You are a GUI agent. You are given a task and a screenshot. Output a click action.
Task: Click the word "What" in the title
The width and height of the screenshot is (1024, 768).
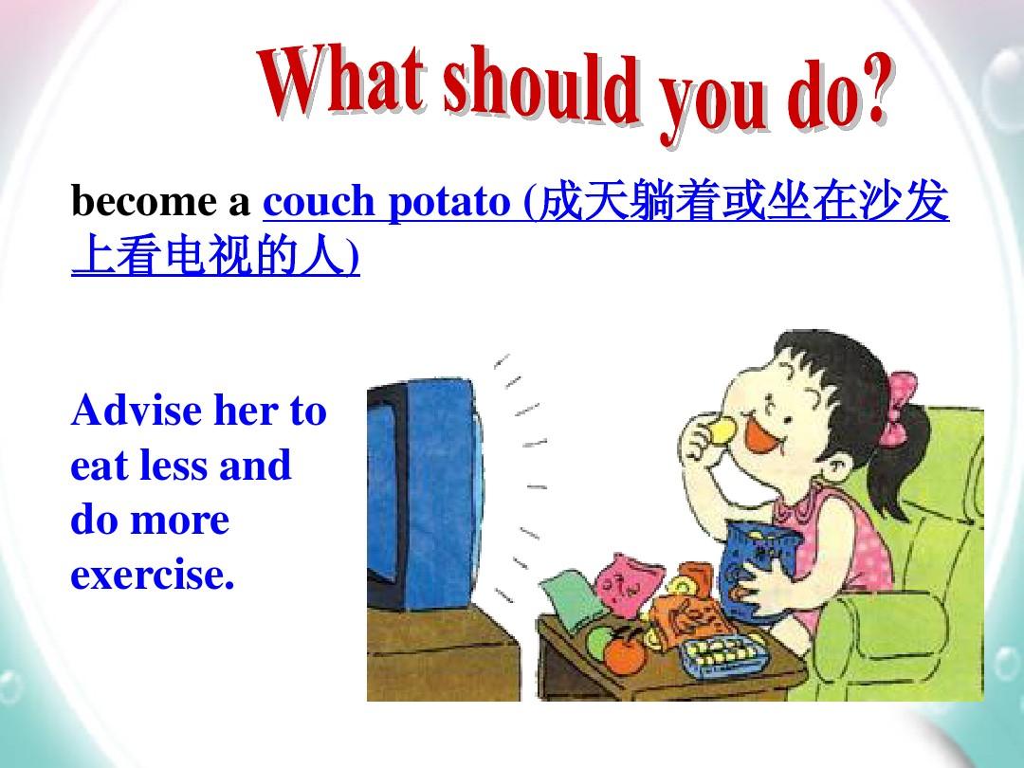(341, 79)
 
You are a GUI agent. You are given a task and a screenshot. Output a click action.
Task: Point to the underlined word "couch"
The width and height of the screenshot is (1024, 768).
(319, 200)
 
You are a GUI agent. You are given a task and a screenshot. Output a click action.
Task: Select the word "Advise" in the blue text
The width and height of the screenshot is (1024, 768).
(137, 411)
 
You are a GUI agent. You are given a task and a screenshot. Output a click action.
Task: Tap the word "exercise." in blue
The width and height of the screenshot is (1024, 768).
(152, 576)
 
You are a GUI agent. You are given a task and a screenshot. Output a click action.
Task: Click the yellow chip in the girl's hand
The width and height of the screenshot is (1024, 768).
(722, 429)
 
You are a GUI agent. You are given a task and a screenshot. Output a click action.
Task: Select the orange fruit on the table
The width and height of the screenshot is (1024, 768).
(624, 653)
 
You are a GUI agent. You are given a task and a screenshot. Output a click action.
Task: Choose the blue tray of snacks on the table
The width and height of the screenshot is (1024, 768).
(722, 653)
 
